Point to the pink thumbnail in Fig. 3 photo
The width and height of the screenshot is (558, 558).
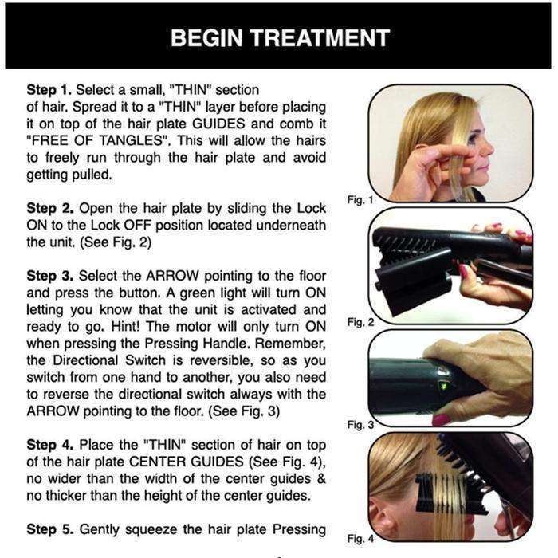tap(441, 418)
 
